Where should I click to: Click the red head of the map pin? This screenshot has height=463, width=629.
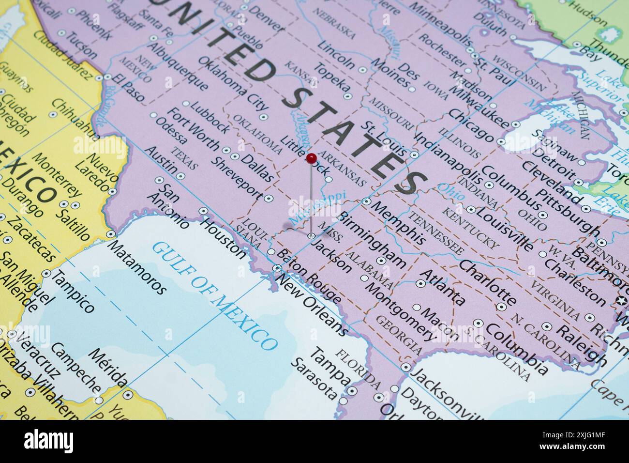(x=312, y=157)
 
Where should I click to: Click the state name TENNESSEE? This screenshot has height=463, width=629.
(x=435, y=233)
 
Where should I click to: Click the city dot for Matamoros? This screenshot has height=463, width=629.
(x=111, y=234)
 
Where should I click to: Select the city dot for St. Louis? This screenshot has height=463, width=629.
(x=414, y=155)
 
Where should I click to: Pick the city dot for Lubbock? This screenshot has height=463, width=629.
(x=186, y=103)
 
